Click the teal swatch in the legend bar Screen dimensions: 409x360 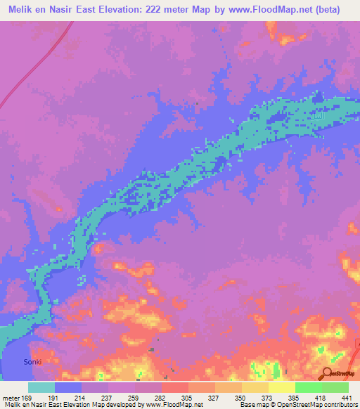[41, 387]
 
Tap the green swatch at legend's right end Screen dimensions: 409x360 [335, 387]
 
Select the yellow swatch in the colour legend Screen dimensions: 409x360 [281, 387]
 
